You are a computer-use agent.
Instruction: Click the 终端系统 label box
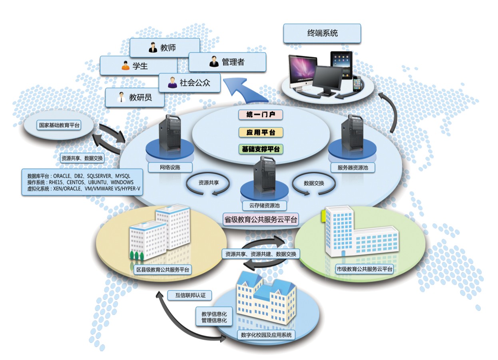322,33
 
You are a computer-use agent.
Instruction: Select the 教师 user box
165,48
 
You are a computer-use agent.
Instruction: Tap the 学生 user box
138,66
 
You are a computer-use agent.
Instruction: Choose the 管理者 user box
227,62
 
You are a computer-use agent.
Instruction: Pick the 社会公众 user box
189,83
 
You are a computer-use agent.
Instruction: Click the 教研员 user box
135,97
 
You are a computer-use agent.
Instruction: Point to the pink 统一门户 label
261,115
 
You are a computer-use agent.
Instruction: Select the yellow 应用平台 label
261,132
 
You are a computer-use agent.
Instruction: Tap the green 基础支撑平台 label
261,149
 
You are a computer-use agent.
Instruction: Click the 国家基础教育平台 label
59,125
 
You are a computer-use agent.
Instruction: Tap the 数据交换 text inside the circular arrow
314,183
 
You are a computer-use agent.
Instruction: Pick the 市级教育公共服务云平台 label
364,269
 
